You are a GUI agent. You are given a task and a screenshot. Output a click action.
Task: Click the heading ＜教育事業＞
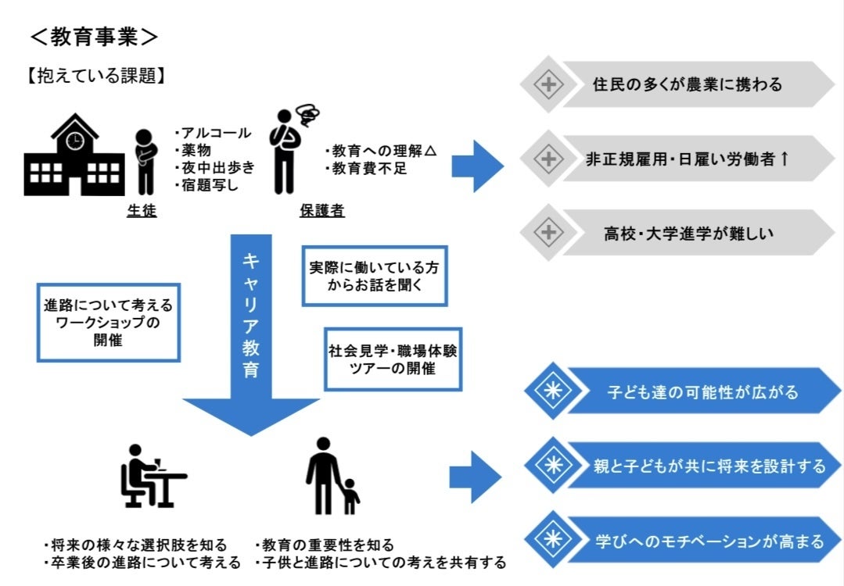[x=94, y=36]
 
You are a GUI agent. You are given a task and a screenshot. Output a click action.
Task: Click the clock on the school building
[x=74, y=139]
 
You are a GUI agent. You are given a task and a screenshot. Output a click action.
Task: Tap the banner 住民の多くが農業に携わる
[x=687, y=84]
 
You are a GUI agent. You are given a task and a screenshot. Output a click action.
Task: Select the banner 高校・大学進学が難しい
[x=687, y=232]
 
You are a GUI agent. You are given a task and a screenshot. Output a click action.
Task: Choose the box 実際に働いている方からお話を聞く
[x=374, y=276]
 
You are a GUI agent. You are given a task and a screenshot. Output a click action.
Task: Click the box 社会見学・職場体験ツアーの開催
[x=393, y=359]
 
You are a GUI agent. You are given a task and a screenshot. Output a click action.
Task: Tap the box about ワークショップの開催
[x=108, y=321]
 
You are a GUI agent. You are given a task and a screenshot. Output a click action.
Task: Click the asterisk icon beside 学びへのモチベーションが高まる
[x=552, y=539]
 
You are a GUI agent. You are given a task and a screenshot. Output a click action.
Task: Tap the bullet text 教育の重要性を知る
[x=325, y=545]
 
